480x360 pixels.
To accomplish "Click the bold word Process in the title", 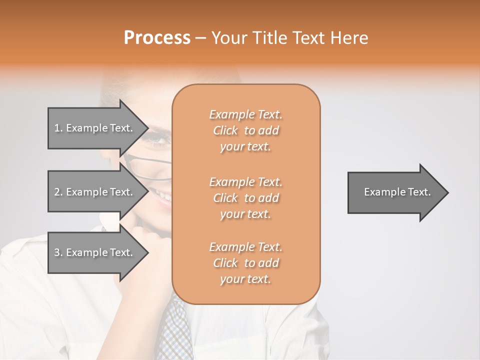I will (157, 38).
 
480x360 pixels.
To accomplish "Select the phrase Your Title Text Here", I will (289, 38).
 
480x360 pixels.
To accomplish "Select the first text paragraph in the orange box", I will (245, 130).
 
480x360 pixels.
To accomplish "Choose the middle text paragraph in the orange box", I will (245, 198).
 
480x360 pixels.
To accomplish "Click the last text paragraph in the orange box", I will (245, 263).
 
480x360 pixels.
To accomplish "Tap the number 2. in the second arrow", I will (58, 192).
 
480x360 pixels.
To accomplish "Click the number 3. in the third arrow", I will (58, 252).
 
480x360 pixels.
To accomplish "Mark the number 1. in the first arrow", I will (58, 128).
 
